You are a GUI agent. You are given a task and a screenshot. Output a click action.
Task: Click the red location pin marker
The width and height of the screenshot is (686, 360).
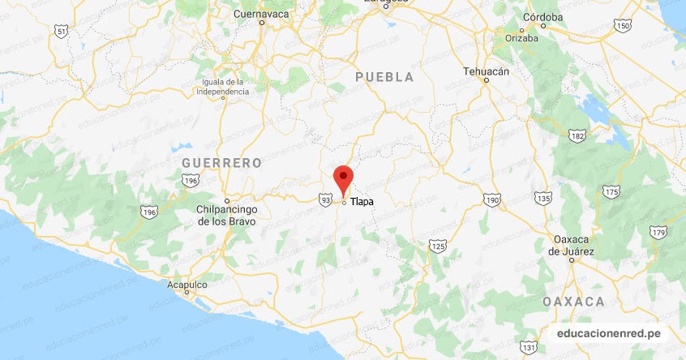coord(345,178)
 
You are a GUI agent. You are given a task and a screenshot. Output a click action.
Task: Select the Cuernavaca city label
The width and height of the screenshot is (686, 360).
coord(261,14)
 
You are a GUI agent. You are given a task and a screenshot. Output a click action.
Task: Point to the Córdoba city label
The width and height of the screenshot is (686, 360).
coord(521,17)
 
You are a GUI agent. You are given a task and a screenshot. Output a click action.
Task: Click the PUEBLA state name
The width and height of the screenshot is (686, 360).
coord(384,77)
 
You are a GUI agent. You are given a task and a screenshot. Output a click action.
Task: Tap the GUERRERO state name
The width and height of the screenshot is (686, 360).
coord(221,163)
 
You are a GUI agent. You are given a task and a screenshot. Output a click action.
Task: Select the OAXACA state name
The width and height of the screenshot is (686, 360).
coord(575,302)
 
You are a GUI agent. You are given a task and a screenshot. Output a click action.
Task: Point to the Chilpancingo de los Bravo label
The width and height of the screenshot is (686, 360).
coord(226,215)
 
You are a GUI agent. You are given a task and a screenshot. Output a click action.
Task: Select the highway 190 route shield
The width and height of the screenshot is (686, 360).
coord(491,199)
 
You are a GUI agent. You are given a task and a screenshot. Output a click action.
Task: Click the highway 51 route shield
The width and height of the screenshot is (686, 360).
coord(61,31)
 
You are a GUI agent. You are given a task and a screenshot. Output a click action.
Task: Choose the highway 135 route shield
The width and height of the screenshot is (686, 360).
coord(544,199)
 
